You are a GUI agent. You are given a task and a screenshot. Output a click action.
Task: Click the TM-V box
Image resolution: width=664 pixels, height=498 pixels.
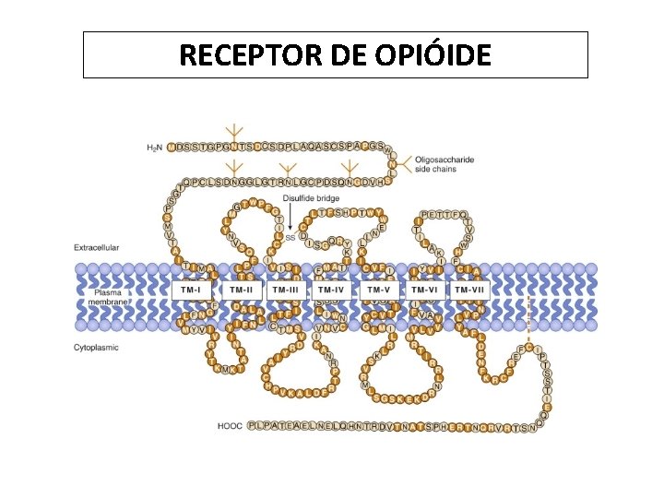pos(379,290)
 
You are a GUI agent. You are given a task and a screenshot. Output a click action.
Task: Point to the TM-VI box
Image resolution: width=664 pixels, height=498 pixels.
pos(424,290)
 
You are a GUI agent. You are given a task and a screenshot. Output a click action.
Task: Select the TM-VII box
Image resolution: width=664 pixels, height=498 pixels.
pos(470,290)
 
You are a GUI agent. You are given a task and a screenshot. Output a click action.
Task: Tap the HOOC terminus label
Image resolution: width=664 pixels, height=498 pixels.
pos(230,426)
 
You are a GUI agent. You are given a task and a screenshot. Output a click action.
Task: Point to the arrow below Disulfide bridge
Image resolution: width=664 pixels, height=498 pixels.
pos(291,217)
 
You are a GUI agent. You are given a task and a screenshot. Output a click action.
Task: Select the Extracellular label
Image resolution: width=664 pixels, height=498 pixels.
pos(96,247)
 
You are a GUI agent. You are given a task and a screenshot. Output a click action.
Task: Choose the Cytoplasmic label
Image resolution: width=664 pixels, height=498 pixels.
pos(96,348)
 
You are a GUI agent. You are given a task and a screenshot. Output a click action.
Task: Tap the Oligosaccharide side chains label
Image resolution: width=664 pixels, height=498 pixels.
pos(444,164)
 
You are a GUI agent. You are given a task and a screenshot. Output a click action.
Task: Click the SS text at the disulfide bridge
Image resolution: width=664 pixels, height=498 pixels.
pos(290,237)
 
